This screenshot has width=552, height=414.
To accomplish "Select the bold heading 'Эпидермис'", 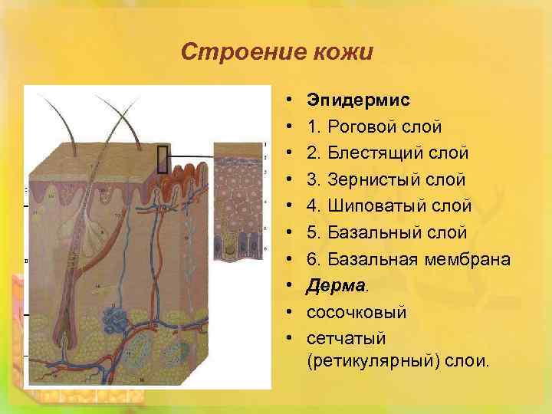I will click(x=358, y=100).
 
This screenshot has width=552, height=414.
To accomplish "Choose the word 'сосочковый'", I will click(x=356, y=312).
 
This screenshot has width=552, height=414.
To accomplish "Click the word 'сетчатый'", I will click(x=346, y=338).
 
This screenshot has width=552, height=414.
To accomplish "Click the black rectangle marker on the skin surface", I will click(x=162, y=159).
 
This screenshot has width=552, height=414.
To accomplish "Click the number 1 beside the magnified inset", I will click(x=264, y=144).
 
